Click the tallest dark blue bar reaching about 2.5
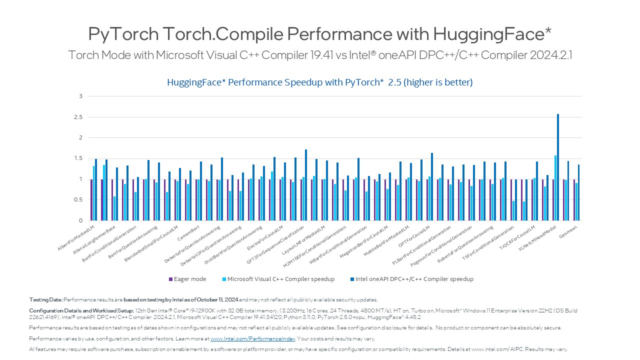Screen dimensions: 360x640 (558, 167)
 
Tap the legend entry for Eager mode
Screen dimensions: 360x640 (187, 279)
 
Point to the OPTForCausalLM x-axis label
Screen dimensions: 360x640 (413, 237)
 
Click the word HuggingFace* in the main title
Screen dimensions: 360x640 (492, 34)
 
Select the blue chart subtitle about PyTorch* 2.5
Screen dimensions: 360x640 (320, 82)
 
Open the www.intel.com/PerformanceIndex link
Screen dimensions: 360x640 (252, 338)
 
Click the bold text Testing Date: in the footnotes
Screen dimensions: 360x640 (46, 299)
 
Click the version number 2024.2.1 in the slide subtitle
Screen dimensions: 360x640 (550, 55)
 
